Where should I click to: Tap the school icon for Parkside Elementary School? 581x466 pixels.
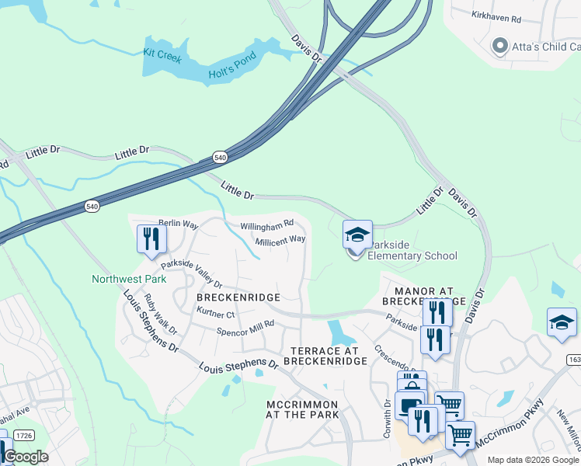(357, 235)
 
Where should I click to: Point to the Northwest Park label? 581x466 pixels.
(129, 279)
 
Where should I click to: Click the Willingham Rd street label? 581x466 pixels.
(266, 225)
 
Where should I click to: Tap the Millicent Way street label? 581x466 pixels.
(280, 241)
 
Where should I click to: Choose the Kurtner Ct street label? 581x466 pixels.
(216, 314)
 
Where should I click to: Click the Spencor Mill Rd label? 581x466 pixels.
(246, 327)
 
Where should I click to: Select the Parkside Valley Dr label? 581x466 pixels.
(191, 273)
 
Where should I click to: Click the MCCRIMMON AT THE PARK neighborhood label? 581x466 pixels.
(302, 409)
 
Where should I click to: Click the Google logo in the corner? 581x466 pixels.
(26, 457)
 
